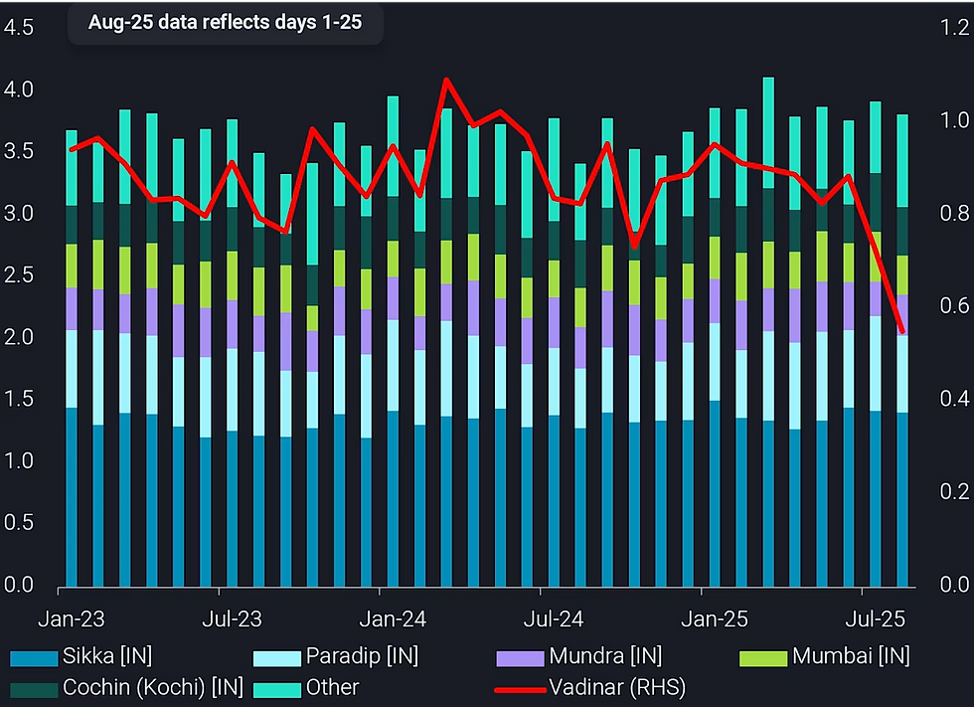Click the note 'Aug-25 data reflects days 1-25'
tap(225, 22)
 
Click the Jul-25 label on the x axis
tap(875, 619)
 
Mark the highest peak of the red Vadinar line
tap(445, 79)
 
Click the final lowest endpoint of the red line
tap(902, 331)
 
